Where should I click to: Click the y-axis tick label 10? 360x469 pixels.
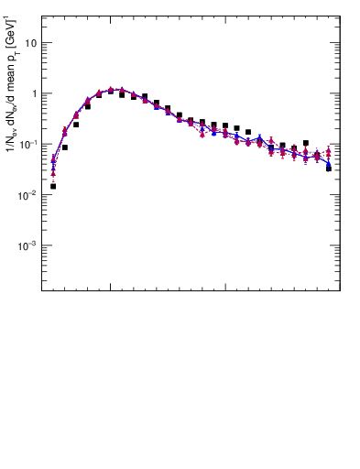pos(30,43)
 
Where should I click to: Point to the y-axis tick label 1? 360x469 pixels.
pos(33,93)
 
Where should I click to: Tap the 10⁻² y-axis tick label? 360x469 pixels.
pos(28,194)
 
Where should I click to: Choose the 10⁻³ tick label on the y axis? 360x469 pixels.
pos(28,245)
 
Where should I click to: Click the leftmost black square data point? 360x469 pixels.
pos(53,186)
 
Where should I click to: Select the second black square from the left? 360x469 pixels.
pos(65,147)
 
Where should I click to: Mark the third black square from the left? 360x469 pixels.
pos(76,125)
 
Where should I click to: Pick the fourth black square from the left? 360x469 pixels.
pos(88,106)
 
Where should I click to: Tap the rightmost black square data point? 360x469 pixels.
pos(329,169)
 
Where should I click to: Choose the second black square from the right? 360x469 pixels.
pos(317,157)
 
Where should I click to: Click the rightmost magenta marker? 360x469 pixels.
pos(329,151)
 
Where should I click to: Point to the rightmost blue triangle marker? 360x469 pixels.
pos(329,163)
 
